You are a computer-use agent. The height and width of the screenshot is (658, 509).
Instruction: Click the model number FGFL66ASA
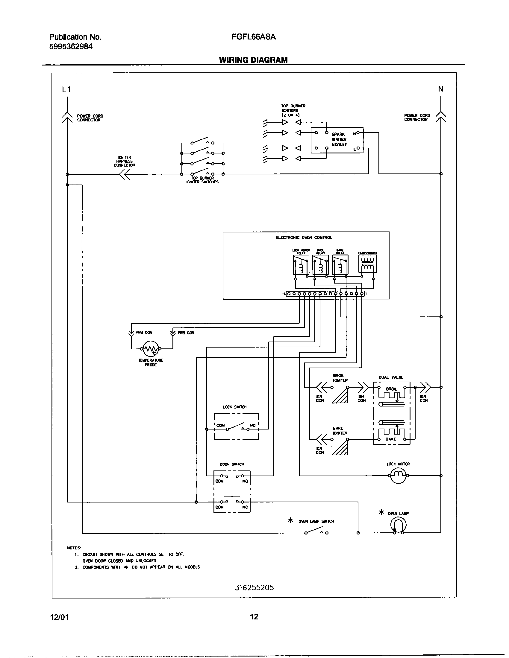253,37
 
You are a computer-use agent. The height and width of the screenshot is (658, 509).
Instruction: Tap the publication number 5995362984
71,47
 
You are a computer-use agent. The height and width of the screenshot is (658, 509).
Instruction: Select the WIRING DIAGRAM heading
253,60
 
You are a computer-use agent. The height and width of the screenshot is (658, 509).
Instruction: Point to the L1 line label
66,89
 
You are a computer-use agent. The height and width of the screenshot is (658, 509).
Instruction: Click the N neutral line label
440,89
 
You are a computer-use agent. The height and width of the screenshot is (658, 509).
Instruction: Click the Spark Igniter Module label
339,139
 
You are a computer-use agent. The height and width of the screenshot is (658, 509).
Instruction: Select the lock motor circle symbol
398,476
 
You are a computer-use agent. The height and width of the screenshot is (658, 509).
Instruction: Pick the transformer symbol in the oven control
368,263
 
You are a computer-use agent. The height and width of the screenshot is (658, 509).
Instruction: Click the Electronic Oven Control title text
304,237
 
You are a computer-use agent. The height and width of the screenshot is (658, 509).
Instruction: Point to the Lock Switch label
235,407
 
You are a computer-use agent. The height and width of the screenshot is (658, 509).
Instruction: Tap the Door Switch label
232,464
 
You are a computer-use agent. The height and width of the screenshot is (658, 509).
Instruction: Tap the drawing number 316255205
254,587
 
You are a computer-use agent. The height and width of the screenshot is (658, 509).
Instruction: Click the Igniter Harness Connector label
124,161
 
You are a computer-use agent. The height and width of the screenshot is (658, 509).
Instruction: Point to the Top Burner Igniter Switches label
202,180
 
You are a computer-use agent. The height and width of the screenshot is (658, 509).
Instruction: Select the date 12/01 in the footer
59,617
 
